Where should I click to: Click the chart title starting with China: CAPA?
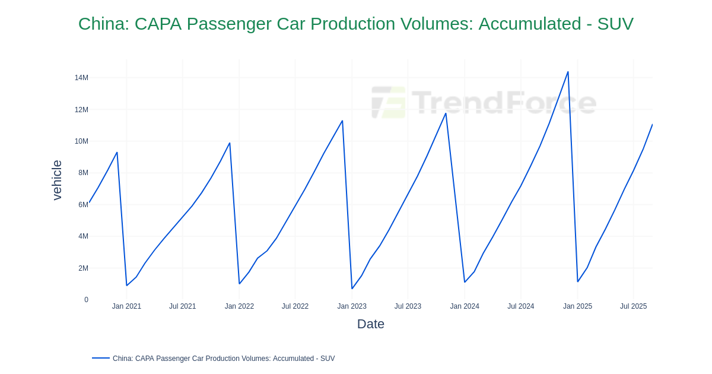point(356,24)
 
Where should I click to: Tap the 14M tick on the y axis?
point(81,78)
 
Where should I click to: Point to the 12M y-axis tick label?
point(81,110)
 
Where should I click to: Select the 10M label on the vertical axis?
point(81,141)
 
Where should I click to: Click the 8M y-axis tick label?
point(83,173)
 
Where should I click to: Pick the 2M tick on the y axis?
point(83,268)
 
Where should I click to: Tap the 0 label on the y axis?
point(86,300)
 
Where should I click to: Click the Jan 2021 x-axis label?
point(126,306)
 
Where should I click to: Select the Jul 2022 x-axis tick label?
point(295,306)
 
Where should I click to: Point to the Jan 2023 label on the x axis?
point(352,306)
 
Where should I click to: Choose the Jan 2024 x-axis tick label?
point(465,306)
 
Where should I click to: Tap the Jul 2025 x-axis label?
point(633,306)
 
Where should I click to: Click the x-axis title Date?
point(371,324)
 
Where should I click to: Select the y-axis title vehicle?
point(57,180)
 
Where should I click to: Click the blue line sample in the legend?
point(101,358)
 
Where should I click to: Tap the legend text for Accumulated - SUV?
point(224,359)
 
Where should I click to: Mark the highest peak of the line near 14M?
point(568,72)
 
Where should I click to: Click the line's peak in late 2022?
point(342,121)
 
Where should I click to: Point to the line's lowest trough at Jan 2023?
point(352,289)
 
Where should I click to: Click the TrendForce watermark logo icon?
point(389,102)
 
